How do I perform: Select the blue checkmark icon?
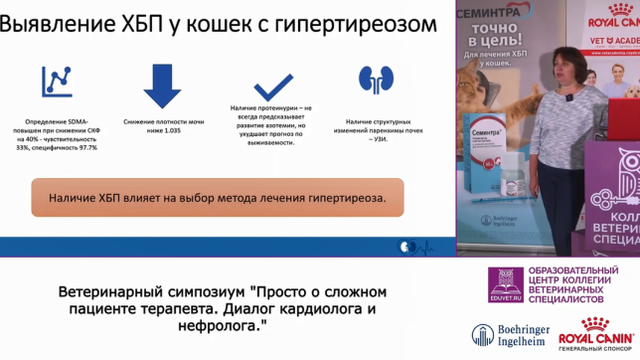point(272,83)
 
